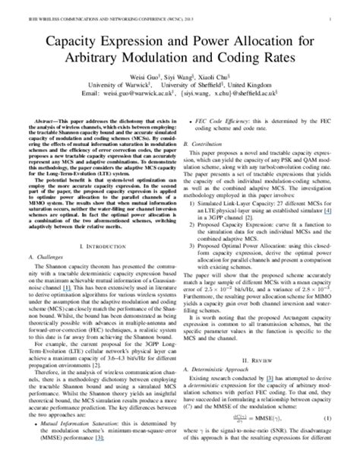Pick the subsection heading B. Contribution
(x=211, y=142)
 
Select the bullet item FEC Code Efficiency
(x=235, y=120)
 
